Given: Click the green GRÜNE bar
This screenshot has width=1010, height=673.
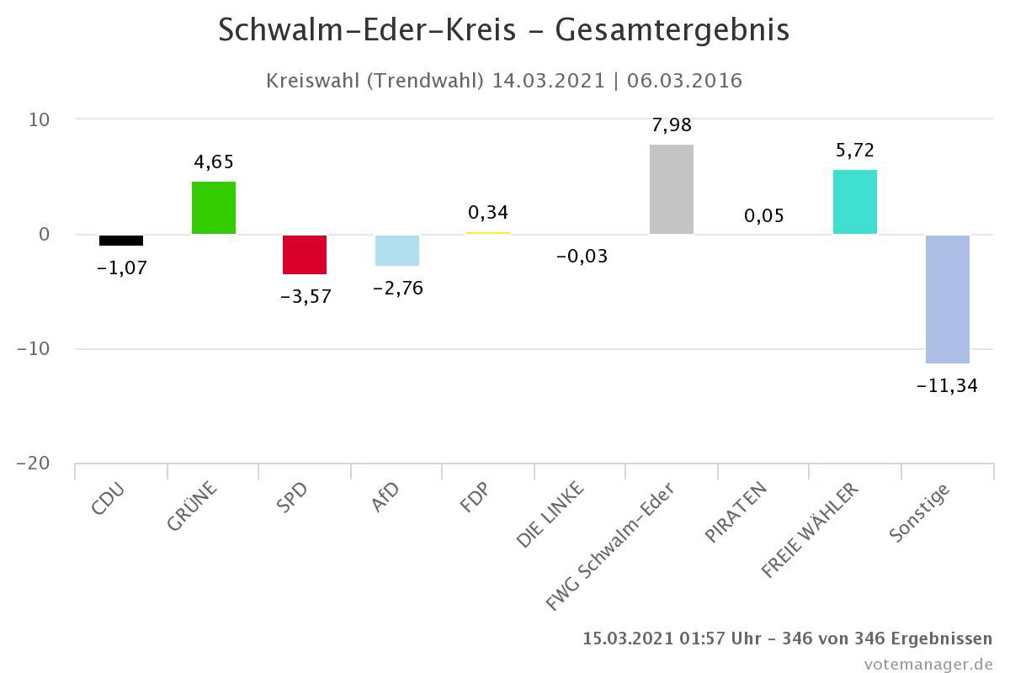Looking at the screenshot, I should coord(214,208).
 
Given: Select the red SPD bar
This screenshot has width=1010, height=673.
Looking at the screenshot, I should coord(305,255).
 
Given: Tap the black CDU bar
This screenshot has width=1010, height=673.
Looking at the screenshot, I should coord(121,241).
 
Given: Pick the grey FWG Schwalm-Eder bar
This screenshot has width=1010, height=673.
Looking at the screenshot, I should coord(672,189).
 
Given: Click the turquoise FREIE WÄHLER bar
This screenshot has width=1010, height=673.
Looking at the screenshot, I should coord(855,202).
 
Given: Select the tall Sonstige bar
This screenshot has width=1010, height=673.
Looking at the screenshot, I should coord(948,299).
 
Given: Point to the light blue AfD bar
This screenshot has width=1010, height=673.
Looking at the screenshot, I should coord(397,251).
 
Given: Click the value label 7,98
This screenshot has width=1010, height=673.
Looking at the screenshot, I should coord(672,125).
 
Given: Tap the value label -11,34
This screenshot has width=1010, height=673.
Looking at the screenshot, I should coord(947,386).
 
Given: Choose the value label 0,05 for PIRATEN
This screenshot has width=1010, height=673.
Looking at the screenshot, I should coord(763,216).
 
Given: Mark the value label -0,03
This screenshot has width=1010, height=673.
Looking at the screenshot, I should coord(582,257).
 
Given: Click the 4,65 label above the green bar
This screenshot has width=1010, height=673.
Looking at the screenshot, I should coord(213,162).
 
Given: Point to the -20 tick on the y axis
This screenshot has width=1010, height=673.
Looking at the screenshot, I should coord(35,464).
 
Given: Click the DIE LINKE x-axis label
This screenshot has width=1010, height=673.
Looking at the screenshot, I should coord(551,515).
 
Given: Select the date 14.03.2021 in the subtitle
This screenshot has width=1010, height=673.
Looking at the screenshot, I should coord(549,81).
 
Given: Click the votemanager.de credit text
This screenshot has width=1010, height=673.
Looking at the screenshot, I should coord(928,664).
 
